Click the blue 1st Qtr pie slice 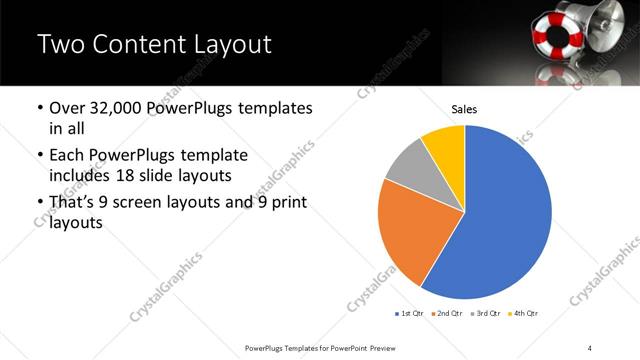[500, 220]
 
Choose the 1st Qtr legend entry [410, 314]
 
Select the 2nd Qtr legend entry [446, 314]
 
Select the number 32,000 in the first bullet [117, 108]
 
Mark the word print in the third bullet [289, 202]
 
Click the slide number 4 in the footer [590, 346]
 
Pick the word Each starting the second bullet [67, 156]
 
